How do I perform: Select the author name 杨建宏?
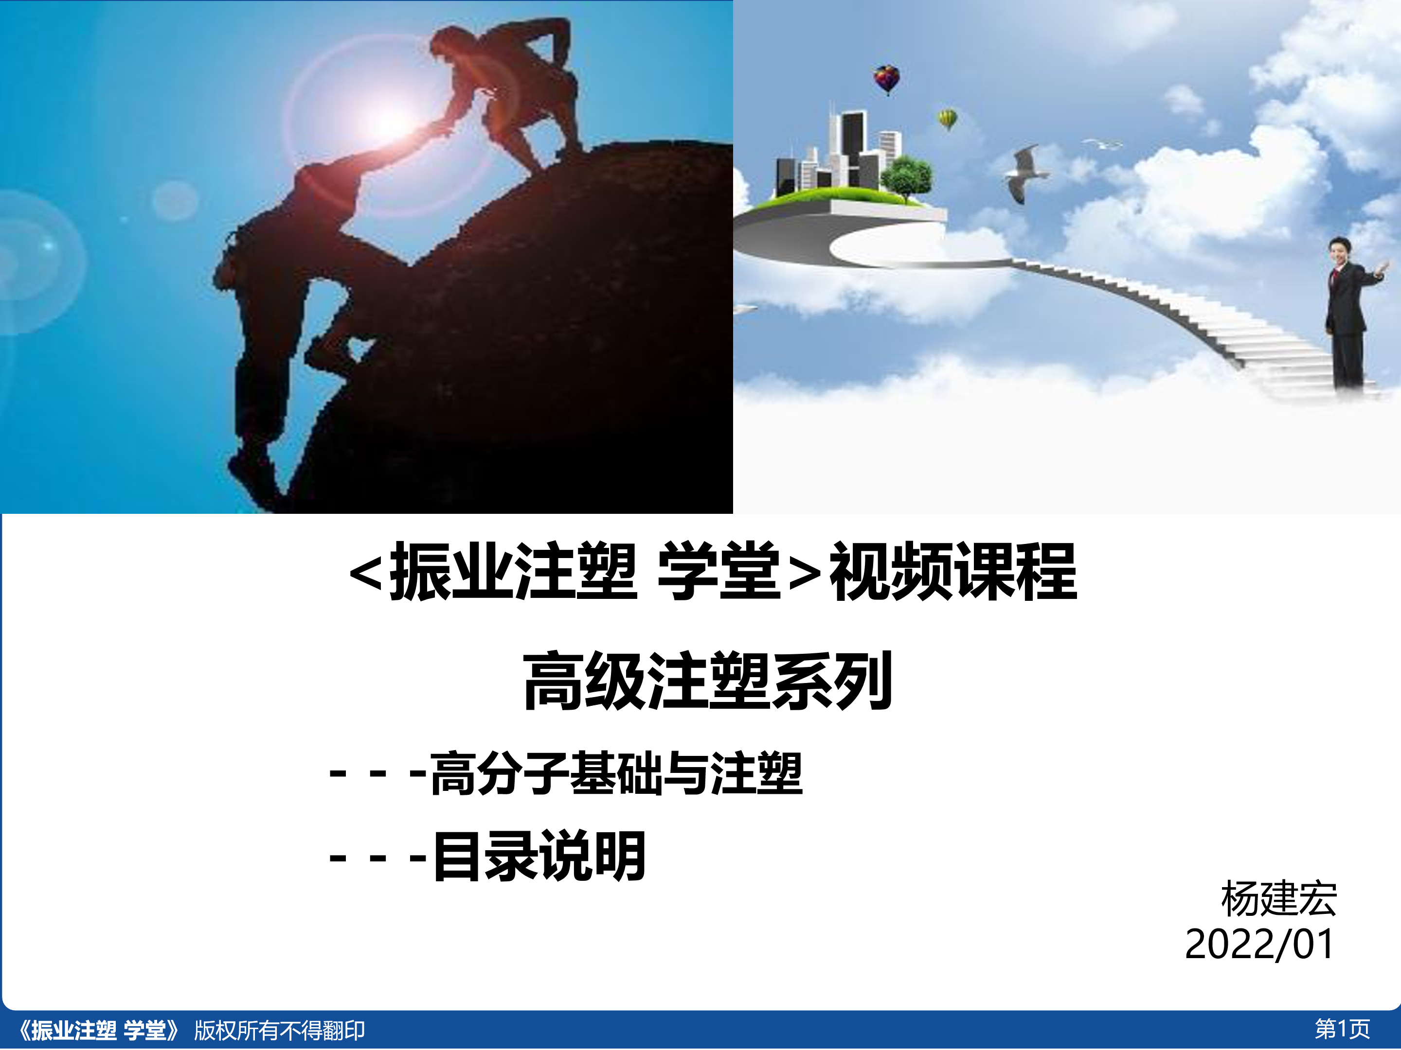tap(1279, 899)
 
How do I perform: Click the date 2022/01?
tap(1259, 945)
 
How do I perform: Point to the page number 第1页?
tap(1342, 1029)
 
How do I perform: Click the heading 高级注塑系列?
tap(707, 681)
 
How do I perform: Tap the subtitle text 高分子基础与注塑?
tap(616, 773)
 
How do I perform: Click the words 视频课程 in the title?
tap(952, 572)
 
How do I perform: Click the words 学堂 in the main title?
tap(719, 572)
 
